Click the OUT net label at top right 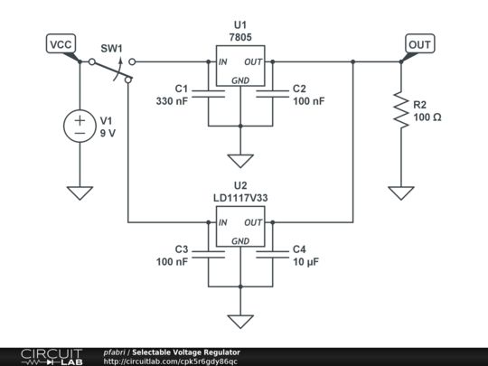coord(419,44)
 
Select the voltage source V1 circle coord(80,126)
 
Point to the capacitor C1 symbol coord(210,94)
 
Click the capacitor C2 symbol coord(270,94)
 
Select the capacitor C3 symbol coord(210,255)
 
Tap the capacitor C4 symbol coord(270,255)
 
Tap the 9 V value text coord(108,132)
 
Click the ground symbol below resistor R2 coord(400,192)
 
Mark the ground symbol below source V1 coord(80,192)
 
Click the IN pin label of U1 coord(222,62)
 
